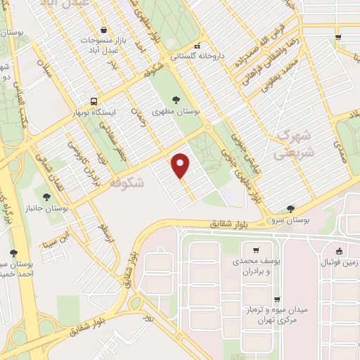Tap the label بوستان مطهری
point(176,112)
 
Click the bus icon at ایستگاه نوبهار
point(92,101)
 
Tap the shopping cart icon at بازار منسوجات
point(105,30)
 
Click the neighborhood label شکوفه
point(127,183)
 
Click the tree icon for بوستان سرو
point(291,208)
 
